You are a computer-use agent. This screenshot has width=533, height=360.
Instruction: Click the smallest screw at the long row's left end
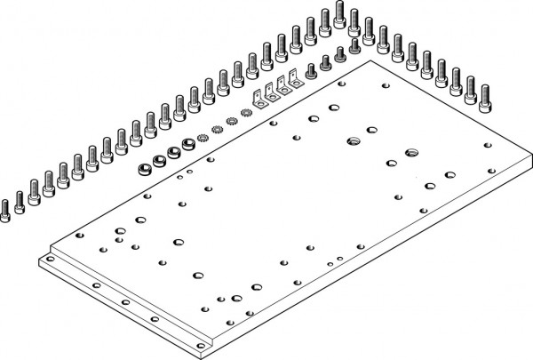click(5, 207)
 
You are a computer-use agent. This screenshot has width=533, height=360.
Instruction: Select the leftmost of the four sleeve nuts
click(144, 167)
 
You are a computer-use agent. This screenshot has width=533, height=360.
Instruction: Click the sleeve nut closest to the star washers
click(188, 143)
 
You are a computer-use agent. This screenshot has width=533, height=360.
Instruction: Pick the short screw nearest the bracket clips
click(311, 70)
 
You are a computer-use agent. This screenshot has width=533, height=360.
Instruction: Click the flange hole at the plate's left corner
click(50, 260)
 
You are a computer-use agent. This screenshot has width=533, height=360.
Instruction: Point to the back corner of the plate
click(377, 61)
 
